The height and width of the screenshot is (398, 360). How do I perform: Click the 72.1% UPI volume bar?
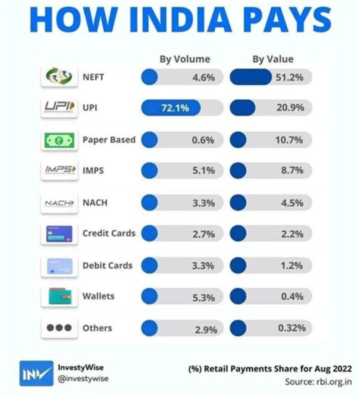[x=171, y=108]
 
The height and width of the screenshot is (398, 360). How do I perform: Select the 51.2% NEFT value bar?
[x=251, y=77]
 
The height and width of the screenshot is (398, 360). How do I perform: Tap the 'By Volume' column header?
[x=184, y=59]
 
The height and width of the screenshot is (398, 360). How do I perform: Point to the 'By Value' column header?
[x=272, y=59]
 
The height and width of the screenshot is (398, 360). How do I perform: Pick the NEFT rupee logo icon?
[x=59, y=77]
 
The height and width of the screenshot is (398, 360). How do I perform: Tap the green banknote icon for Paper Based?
[x=59, y=139]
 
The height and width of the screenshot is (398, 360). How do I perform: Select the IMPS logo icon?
[x=59, y=171]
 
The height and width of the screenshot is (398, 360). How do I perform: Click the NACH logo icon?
[x=59, y=202]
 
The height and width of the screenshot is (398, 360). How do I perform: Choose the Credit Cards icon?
[x=59, y=233]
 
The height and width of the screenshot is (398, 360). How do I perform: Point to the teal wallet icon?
[x=59, y=296]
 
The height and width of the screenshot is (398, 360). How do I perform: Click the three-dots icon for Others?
[x=59, y=328]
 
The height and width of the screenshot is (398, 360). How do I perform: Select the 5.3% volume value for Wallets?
[x=204, y=297]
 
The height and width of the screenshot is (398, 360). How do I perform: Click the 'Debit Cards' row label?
[x=107, y=265]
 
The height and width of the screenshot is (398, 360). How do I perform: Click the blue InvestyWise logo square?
[x=36, y=373]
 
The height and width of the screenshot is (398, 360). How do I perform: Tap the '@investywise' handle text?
[x=83, y=378]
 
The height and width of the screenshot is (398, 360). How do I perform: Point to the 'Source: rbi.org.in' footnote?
[x=318, y=381]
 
